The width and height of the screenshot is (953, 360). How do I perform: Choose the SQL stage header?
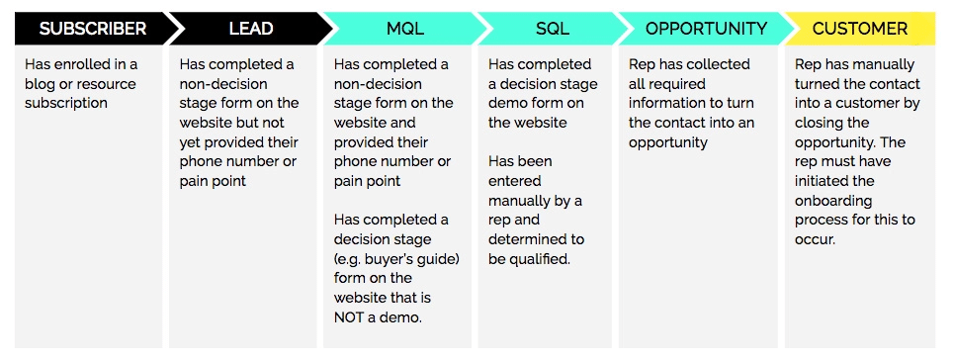553,29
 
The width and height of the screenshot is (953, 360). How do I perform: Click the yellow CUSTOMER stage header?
860,29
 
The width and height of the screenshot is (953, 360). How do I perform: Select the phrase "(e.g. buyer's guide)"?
396,258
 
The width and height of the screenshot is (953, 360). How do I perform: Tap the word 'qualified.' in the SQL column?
545,258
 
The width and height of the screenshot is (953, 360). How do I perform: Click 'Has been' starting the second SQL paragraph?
520,161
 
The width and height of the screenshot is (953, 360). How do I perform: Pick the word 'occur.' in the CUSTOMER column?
817,238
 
